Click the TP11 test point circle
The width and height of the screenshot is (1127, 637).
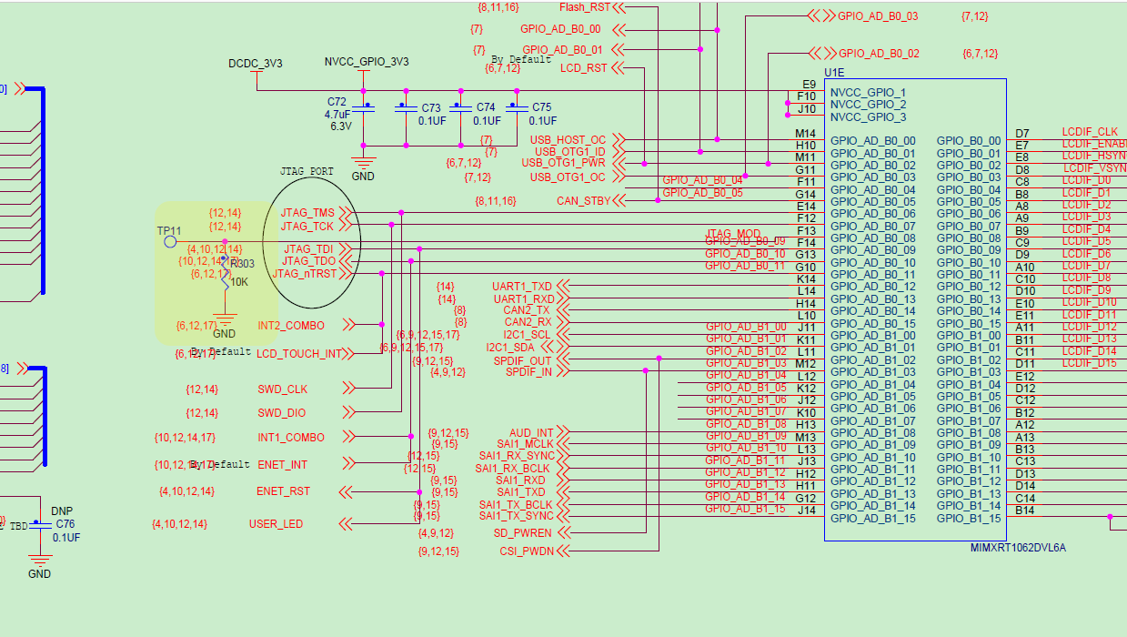pyautogui.click(x=169, y=241)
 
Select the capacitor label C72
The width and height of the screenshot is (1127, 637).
pyautogui.click(x=337, y=102)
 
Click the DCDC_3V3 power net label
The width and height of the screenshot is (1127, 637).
pyautogui.click(x=255, y=63)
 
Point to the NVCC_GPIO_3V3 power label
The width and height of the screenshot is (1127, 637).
pyautogui.click(x=367, y=62)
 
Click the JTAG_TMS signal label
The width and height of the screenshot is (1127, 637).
pyautogui.click(x=307, y=213)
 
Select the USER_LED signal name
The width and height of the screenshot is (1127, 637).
pyautogui.click(x=276, y=524)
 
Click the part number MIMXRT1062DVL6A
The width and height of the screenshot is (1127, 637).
pyautogui.click(x=1018, y=548)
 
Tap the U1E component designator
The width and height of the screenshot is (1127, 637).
pyautogui.click(x=834, y=72)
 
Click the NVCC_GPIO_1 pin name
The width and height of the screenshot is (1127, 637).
pyautogui.click(x=868, y=93)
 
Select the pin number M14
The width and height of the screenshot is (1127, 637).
pyautogui.click(x=805, y=134)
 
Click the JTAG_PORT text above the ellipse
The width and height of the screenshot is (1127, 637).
pyautogui.click(x=307, y=171)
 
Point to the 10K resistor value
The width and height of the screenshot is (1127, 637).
pyautogui.click(x=239, y=282)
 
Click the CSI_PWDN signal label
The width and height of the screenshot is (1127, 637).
pyautogui.click(x=526, y=551)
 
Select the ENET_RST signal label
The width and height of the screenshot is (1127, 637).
pyautogui.click(x=283, y=491)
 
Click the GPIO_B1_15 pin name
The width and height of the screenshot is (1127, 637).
pyautogui.click(x=969, y=519)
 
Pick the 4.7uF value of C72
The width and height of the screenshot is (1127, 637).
pyautogui.click(x=337, y=115)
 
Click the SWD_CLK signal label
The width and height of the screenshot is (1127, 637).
pyautogui.click(x=282, y=389)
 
